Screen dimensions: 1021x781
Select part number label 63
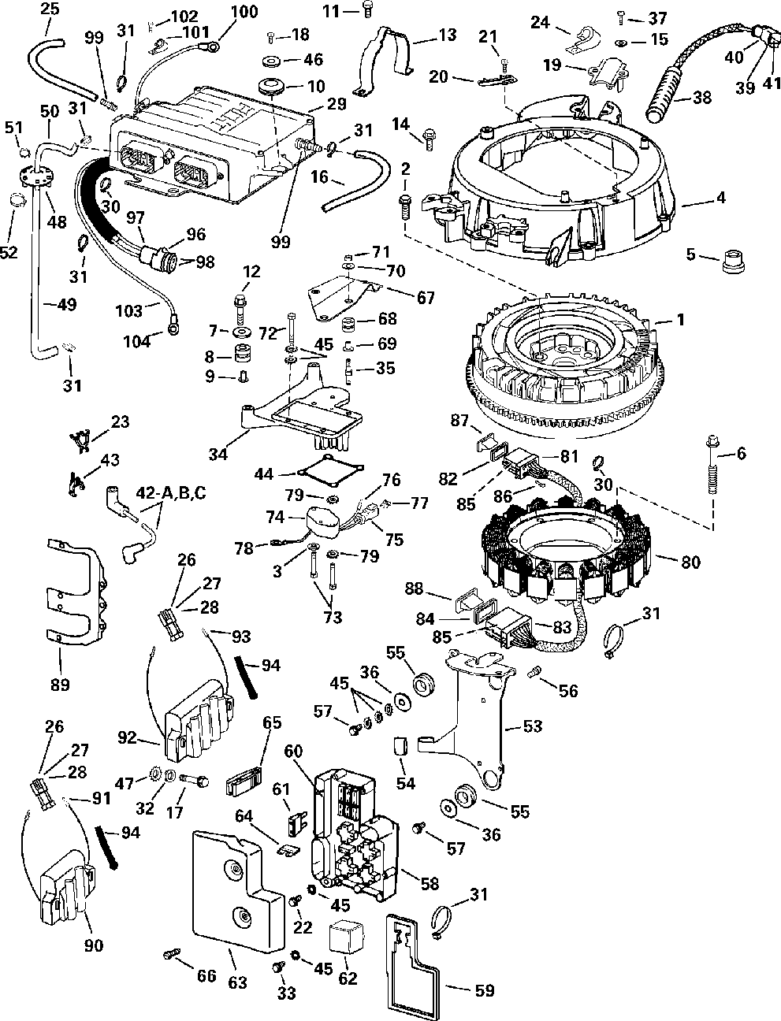pos(237,982)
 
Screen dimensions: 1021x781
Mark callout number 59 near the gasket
pos(484,990)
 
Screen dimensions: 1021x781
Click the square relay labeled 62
pos(344,940)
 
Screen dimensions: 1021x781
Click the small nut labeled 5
pos(733,262)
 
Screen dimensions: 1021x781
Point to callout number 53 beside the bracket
pos(533,726)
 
